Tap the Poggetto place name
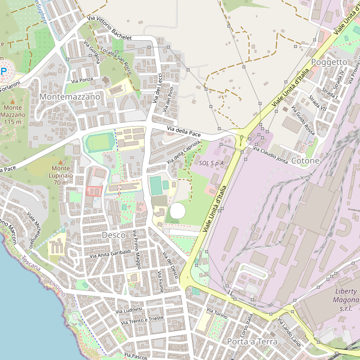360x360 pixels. [329, 62]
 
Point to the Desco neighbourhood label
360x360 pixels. [114, 235]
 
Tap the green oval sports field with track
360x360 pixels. [99, 143]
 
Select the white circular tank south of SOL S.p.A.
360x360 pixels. [178, 211]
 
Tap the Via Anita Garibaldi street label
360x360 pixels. [110, 253]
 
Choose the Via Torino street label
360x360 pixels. [217, 313]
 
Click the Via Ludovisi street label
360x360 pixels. [129, 310]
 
